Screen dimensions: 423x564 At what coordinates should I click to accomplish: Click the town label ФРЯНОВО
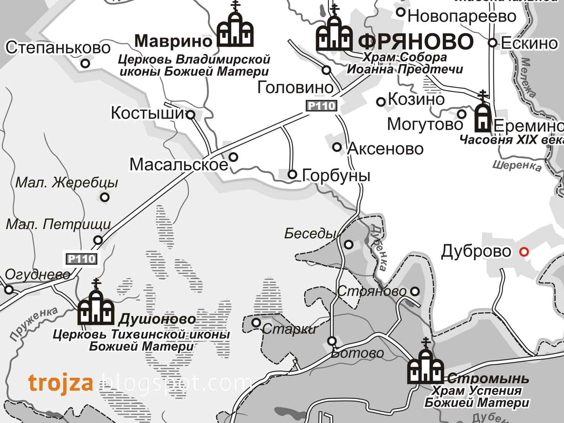(x=416, y=41)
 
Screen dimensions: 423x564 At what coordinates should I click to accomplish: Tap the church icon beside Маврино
(x=235, y=29)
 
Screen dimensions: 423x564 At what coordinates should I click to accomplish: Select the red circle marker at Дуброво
(x=524, y=252)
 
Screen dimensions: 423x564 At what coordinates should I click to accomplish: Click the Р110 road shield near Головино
(x=322, y=105)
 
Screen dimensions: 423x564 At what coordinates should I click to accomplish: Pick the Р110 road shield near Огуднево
(x=81, y=258)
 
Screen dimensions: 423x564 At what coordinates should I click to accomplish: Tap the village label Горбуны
(x=336, y=175)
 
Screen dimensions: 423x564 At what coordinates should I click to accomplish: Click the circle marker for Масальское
(x=234, y=157)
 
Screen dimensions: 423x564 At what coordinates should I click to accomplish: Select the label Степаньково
(x=58, y=48)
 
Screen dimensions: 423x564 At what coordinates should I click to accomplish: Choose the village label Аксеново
(x=385, y=149)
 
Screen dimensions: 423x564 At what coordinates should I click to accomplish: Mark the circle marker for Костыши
(x=191, y=114)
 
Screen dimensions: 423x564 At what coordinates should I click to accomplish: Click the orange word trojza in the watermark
(x=61, y=383)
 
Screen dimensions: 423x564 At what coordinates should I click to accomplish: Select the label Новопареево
(x=462, y=16)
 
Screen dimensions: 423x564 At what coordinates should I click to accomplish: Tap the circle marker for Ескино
(x=493, y=42)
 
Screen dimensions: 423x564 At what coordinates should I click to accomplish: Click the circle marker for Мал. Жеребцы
(x=105, y=197)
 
